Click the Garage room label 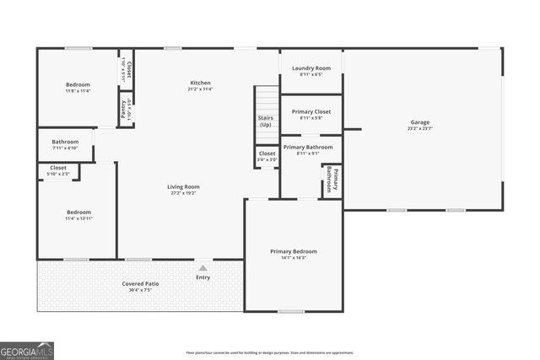(x=420, y=122)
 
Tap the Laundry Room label (x=310, y=67)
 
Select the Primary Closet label (x=310, y=111)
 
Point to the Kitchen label (x=200, y=83)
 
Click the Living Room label (x=182, y=186)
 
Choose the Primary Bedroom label (x=294, y=251)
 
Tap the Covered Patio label (x=140, y=283)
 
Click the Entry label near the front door (x=202, y=277)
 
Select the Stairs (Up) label (x=265, y=121)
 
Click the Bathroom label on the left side (x=65, y=142)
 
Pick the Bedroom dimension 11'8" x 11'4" (x=78, y=91)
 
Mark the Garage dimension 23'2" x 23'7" (x=420, y=129)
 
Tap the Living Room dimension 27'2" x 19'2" (x=182, y=193)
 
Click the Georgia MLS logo (x=26, y=350)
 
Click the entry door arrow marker (x=202, y=267)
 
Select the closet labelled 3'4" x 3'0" (x=267, y=156)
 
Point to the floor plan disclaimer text (x=269, y=352)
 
